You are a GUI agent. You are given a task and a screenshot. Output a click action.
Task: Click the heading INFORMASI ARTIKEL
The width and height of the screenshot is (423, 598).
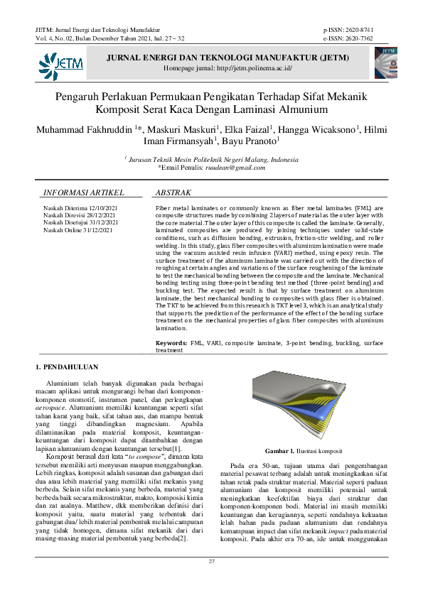coord(84,192)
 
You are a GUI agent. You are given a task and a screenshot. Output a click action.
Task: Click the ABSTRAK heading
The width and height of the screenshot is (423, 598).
coord(173,192)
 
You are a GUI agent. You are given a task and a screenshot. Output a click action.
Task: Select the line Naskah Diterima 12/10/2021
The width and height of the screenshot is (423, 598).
coord(80,208)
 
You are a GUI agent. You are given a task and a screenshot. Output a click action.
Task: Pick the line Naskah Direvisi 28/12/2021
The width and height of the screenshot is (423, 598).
coord(80,215)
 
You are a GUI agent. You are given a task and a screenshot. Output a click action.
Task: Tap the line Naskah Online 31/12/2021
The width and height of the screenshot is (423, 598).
coord(78,230)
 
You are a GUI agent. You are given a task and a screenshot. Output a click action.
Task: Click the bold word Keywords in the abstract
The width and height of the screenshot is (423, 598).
coord(171,343)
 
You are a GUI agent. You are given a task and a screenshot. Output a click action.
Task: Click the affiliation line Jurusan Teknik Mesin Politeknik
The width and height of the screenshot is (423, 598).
coord(213,160)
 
